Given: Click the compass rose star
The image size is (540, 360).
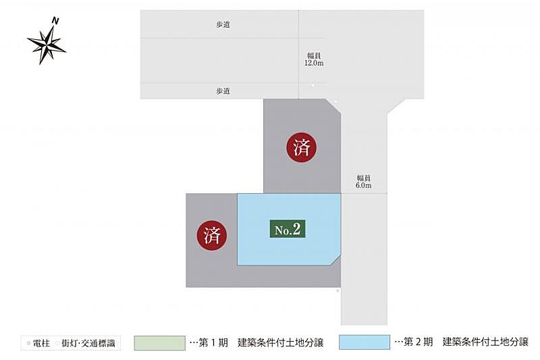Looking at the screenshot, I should click(x=46, y=45).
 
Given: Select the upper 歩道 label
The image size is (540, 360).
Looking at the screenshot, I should click(x=223, y=24).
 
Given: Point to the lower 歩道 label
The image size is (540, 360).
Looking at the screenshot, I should click(x=223, y=91).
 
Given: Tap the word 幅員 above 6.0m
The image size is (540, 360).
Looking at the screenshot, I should click(x=363, y=178).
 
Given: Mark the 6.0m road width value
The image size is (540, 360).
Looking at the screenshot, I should click(x=363, y=186).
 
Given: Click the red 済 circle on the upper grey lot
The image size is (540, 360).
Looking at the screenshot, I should click(x=302, y=147).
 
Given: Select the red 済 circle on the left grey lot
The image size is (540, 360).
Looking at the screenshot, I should click(x=211, y=236).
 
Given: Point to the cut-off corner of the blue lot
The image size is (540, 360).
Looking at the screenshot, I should click(x=335, y=259).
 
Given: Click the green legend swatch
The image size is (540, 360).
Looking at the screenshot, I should click(x=159, y=342).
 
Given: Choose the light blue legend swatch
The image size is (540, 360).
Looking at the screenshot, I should click(x=364, y=342).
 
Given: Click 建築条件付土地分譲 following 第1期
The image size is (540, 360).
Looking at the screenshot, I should click(x=280, y=343).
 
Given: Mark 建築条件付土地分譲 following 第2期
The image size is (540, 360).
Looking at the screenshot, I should click(x=486, y=343).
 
